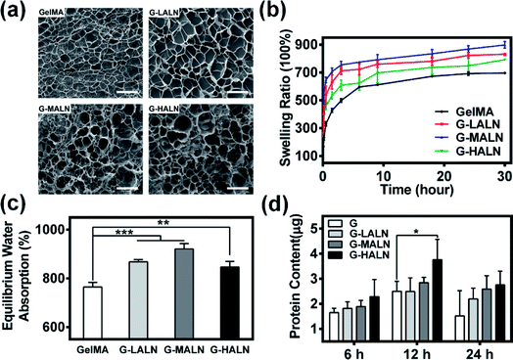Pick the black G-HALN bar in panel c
pyautogui.click(x=228, y=304)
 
